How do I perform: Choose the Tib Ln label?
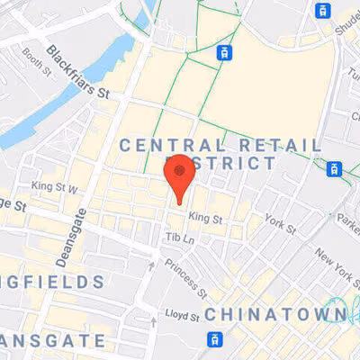click(180, 237)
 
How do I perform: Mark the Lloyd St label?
click(181, 314)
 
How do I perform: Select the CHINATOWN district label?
click(276, 314)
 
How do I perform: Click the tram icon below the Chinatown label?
click(215, 339)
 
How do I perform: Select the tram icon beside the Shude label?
click(321, 11)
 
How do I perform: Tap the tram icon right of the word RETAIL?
click(334, 168)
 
